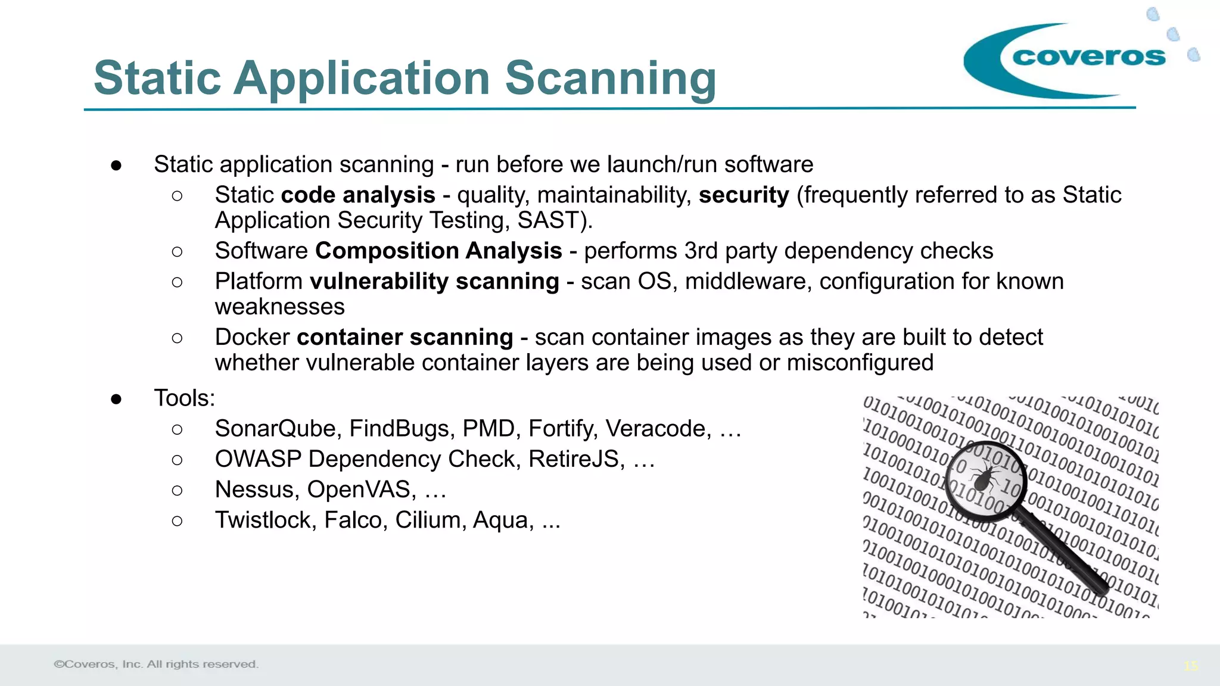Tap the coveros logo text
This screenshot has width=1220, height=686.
pos(1088,57)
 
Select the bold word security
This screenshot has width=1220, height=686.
pos(743,195)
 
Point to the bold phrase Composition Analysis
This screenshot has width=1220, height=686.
pos(438,251)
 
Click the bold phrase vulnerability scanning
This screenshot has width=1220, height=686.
pos(434,282)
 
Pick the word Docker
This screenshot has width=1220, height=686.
pos(252,338)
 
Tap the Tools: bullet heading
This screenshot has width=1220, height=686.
pos(185,398)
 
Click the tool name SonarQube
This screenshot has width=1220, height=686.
pos(278,429)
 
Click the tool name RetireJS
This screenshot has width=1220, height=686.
pos(576,459)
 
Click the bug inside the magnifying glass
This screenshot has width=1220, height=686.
pos(984,477)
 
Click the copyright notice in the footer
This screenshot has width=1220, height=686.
pos(156,664)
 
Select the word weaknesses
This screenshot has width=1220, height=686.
pos(279,307)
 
